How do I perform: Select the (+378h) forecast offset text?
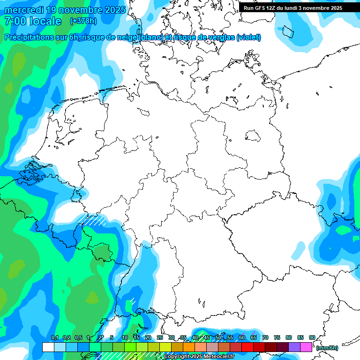83,21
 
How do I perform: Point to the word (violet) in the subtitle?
248,37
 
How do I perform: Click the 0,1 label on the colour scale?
54,338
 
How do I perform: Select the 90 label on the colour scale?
312,338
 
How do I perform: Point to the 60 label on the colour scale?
242,338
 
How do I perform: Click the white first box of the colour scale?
48,347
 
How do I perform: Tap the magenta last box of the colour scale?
306,347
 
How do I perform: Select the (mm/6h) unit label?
327,348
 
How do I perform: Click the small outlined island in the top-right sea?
287,32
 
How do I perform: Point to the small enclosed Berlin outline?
253,136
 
